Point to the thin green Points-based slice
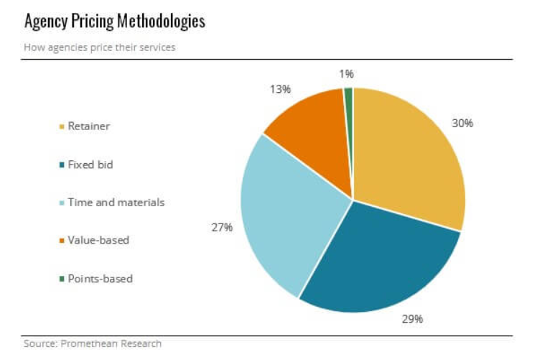349,108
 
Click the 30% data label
462,123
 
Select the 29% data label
412,318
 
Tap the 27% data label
222,227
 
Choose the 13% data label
280,89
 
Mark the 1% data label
347,73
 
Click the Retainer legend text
89,126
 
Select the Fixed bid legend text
90,165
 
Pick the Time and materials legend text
116,203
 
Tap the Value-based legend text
98,240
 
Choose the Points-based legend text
101,278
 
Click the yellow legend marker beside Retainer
62,127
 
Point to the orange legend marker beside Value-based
62,241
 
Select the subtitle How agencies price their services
100,47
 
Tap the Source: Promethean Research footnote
93,343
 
